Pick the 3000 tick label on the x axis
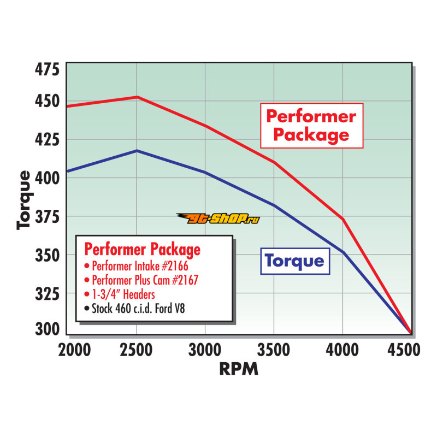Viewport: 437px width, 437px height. pos(205,350)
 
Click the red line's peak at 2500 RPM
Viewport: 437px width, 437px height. pos(137,97)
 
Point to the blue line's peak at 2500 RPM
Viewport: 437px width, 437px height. pos(137,150)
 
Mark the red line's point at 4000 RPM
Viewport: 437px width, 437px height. pos(342,218)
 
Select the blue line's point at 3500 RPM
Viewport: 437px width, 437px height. pos(274,205)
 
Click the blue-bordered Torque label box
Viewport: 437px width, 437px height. pos(295,261)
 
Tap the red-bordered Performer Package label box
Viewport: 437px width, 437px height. pos(311,125)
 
